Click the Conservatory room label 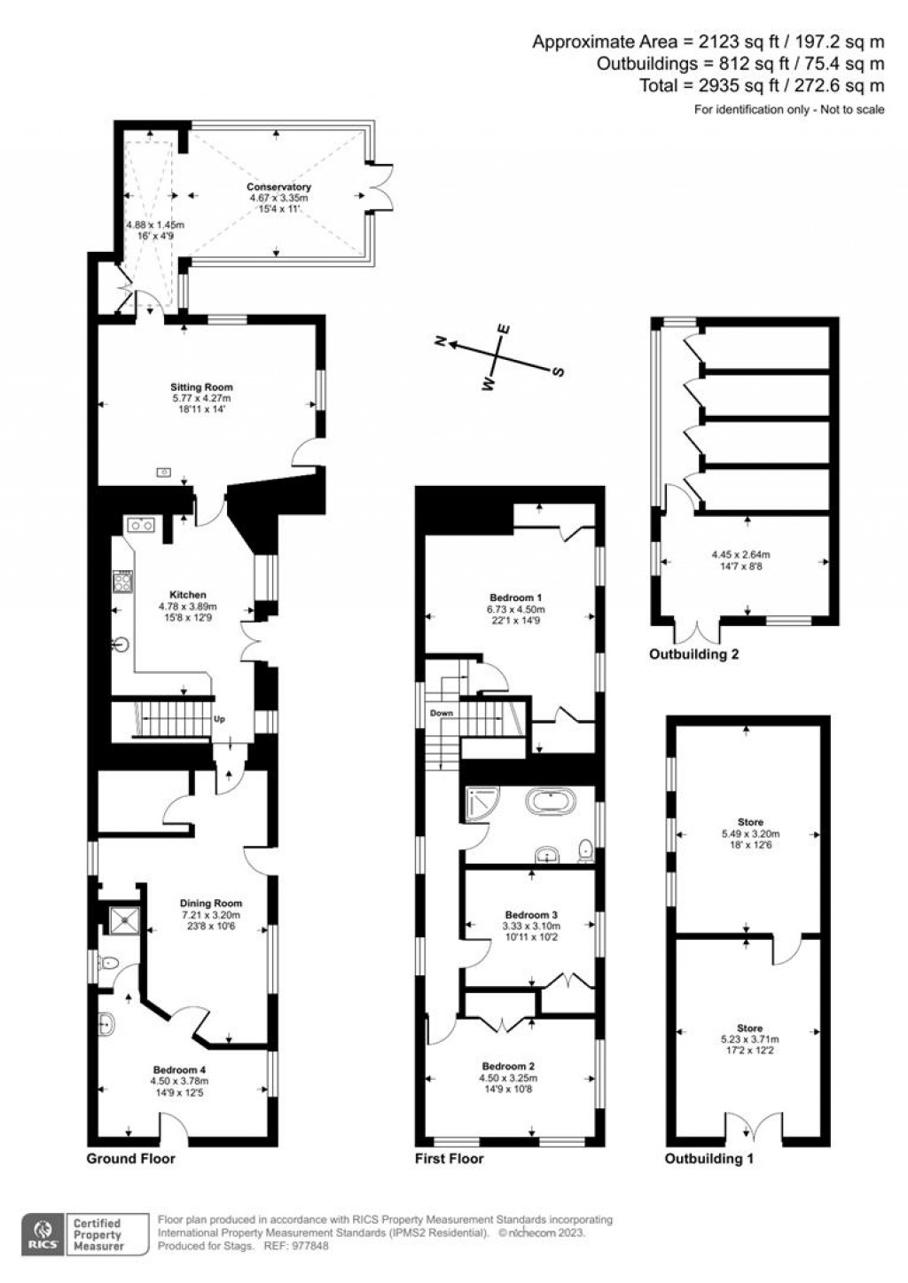278,187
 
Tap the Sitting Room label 202,387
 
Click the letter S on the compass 559,372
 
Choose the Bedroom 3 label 531,914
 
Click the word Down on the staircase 442,713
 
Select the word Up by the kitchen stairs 219,719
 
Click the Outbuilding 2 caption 694,655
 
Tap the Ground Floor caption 130,1158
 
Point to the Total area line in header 762,86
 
